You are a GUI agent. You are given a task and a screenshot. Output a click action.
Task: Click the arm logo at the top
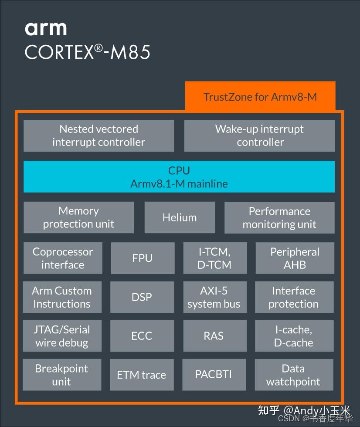46,28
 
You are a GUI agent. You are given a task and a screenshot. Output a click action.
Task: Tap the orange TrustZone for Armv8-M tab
260,96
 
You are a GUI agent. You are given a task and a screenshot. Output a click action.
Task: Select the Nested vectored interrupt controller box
98,136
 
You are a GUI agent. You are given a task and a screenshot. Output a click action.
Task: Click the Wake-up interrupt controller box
259,136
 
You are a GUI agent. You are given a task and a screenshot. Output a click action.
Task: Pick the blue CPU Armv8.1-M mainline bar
179,176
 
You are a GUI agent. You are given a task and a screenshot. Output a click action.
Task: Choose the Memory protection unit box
78,217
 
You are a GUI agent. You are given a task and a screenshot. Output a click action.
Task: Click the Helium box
180,217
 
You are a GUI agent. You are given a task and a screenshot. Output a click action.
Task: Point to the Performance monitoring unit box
279,217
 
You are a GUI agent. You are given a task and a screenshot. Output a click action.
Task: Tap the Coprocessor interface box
63,258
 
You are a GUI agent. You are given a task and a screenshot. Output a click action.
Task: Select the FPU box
143,258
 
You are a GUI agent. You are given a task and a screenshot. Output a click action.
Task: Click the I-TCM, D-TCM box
214,258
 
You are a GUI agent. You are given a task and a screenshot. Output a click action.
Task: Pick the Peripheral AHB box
295,258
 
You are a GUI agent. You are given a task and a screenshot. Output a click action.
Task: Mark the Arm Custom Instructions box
62,297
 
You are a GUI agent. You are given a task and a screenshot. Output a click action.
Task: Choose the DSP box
142,297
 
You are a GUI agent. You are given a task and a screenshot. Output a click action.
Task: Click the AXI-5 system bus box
214,297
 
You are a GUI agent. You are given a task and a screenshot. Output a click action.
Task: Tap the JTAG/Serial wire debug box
62,336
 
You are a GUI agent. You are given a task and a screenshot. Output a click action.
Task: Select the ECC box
142,336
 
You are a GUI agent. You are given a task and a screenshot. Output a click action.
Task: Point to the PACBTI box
214,375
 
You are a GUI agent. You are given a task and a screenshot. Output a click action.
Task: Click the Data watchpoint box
293,375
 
